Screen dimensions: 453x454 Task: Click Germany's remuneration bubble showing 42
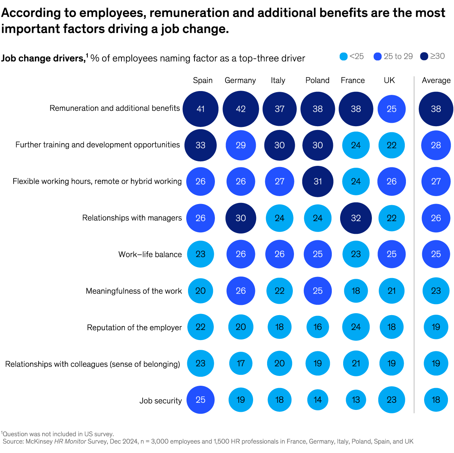coord(241,109)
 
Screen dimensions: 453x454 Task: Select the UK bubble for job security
coord(392,400)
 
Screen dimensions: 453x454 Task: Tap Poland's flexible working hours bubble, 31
coord(318,181)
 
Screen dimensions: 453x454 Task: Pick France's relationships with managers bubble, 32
coord(356,218)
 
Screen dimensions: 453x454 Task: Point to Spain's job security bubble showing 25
coord(201,400)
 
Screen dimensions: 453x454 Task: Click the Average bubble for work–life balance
coord(436,254)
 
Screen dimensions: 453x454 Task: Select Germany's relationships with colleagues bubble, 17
coord(241,363)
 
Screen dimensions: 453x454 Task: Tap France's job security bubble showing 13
coord(356,400)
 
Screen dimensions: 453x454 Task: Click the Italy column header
coord(278,80)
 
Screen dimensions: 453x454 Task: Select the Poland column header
coord(317,80)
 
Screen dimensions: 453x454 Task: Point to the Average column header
coord(436,80)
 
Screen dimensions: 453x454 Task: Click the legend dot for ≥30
coord(424,56)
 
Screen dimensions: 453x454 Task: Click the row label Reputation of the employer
coord(134,328)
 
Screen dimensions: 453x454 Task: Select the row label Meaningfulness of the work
coord(134,291)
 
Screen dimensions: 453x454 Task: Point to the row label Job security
coord(160,401)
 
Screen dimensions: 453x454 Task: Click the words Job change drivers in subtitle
coord(42,58)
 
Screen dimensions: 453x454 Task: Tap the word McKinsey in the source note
coord(39,441)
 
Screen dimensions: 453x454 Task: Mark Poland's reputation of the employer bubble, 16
coord(318,327)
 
